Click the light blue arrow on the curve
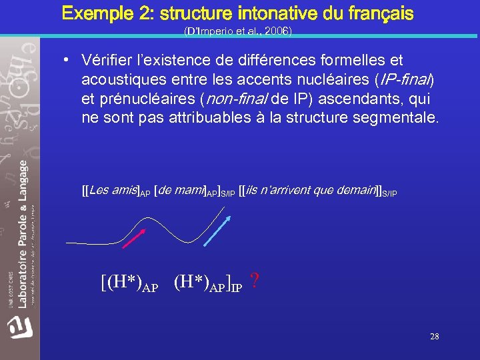click(x=215, y=225)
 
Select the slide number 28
click(x=435, y=337)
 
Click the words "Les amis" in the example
click(x=113, y=191)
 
